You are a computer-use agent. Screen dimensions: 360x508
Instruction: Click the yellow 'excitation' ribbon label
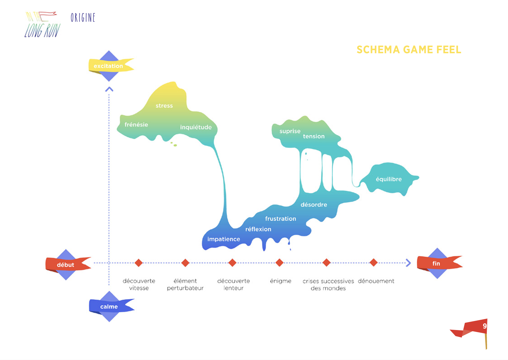(108, 66)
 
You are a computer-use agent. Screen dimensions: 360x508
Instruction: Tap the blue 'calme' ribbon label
(109, 306)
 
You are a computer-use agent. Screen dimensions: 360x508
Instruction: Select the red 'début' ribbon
(66, 265)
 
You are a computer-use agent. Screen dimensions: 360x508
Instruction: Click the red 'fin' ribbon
(436, 263)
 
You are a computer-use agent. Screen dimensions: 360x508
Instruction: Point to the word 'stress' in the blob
(164, 106)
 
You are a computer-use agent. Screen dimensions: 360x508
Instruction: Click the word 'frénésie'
(136, 125)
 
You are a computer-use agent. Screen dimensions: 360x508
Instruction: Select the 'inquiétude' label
(196, 127)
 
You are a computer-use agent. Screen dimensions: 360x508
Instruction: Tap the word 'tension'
(314, 136)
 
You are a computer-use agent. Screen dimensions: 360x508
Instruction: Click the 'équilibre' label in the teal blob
(389, 179)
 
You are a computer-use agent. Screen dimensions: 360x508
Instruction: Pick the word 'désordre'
(314, 205)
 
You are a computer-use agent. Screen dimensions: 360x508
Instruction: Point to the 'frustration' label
(281, 219)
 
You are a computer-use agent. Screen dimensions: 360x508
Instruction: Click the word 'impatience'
(223, 239)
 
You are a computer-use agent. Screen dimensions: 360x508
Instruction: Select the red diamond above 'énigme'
(279, 263)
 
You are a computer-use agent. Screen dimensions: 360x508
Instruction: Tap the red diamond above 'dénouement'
(374, 263)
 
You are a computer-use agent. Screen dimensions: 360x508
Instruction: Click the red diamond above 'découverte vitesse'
(139, 263)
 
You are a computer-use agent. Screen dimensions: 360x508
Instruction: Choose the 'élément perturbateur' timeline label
(185, 284)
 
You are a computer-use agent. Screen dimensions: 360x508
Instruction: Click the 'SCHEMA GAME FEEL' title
(409, 50)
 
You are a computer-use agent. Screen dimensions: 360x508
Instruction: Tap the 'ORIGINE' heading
(83, 18)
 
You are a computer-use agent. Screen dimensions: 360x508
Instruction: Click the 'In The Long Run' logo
(42, 25)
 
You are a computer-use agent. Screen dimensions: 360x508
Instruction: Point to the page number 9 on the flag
(484, 326)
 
